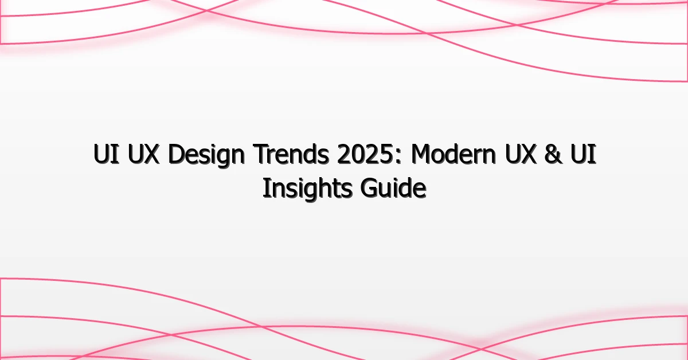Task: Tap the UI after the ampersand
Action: (x=587, y=156)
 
